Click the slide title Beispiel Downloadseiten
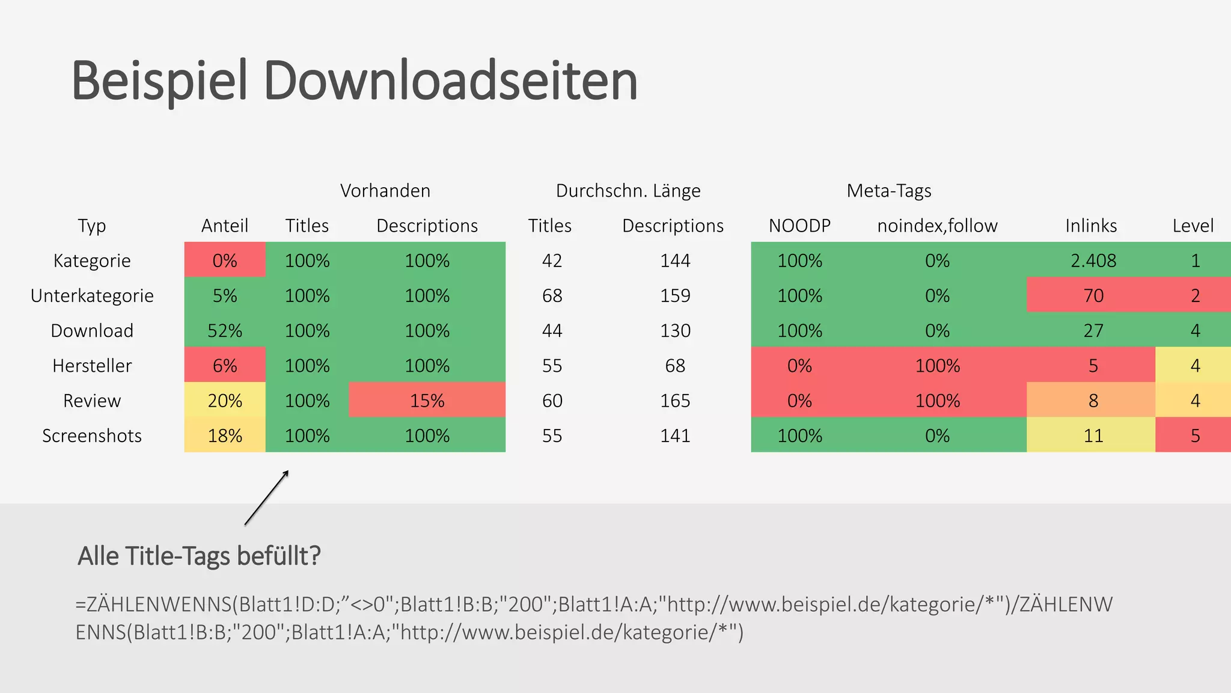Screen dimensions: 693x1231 pyautogui.click(x=355, y=81)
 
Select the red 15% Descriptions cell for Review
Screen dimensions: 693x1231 pyautogui.click(x=427, y=401)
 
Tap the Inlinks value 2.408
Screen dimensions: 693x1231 pyautogui.click(x=1093, y=260)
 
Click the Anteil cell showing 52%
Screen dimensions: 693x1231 pyautogui.click(x=225, y=330)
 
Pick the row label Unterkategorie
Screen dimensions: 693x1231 pyautogui.click(x=92, y=295)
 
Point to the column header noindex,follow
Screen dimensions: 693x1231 pyautogui.click(x=937, y=226)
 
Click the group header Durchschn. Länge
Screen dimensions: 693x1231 pyautogui.click(x=628, y=191)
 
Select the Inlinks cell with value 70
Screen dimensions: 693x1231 pyautogui.click(x=1093, y=295)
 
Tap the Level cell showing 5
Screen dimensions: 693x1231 pyautogui.click(x=1194, y=436)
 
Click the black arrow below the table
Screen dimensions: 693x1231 pyautogui.click(x=267, y=498)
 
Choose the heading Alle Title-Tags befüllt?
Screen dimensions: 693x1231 pyautogui.click(x=199, y=555)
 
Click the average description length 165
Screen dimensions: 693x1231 pyautogui.click(x=675, y=401)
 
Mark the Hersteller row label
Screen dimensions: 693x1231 pyautogui.click(x=92, y=366)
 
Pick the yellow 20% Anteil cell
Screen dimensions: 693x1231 pyautogui.click(x=225, y=401)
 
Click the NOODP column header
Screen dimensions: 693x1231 pyautogui.click(x=799, y=226)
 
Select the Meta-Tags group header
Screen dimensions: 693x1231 pyautogui.click(x=888, y=191)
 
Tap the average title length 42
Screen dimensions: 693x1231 pyautogui.click(x=552, y=260)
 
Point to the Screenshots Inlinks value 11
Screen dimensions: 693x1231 pyautogui.click(x=1093, y=436)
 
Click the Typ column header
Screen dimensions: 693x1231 pyautogui.click(x=92, y=226)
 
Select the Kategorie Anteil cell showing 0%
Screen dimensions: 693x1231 pyautogui.click(x=225, y=260)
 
